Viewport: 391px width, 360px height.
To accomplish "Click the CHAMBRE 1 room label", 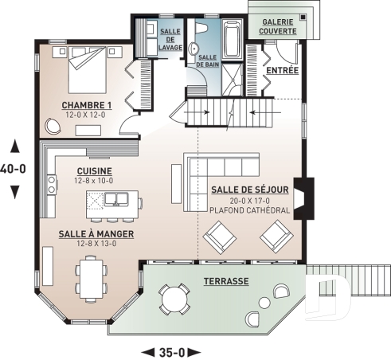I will coord(88,105).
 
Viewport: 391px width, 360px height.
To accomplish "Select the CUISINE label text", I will coord(95,171).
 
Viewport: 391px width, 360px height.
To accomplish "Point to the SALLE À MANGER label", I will coord(96,234).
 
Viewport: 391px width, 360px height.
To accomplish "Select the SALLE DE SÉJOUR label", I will coord(249,190).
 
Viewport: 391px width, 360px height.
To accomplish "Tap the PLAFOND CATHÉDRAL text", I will coord(249,210).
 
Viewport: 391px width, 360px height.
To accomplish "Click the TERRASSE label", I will coord(225,281).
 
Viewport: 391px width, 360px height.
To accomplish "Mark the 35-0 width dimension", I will coord(170,350).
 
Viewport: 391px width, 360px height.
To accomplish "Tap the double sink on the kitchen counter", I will coord(52,186).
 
